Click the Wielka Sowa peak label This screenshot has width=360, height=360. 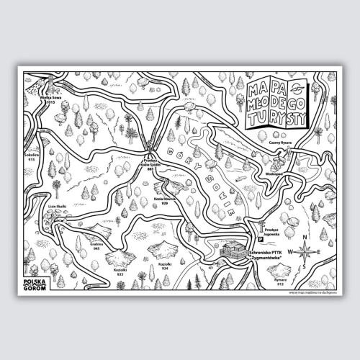click(x=48, y=98)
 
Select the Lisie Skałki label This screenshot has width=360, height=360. click(x=57, y=206)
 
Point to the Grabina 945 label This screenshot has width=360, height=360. click(x=98, y=246)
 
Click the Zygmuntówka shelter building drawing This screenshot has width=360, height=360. click(x=234, y=251)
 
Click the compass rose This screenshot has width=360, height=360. click(x=305, y=252)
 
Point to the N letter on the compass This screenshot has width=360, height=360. click(x=305, y=238)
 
